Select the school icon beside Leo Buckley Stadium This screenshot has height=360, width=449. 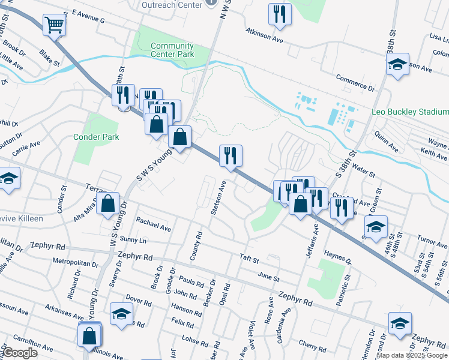397,65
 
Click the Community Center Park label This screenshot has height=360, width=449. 172,50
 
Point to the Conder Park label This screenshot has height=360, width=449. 96,137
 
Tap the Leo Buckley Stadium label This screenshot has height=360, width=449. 409,112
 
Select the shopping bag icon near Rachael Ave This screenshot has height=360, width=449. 108,203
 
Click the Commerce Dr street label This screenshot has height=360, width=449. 355,83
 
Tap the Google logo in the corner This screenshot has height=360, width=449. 20,353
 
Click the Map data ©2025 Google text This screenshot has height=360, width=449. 412,355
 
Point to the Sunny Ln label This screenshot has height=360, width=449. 133,239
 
